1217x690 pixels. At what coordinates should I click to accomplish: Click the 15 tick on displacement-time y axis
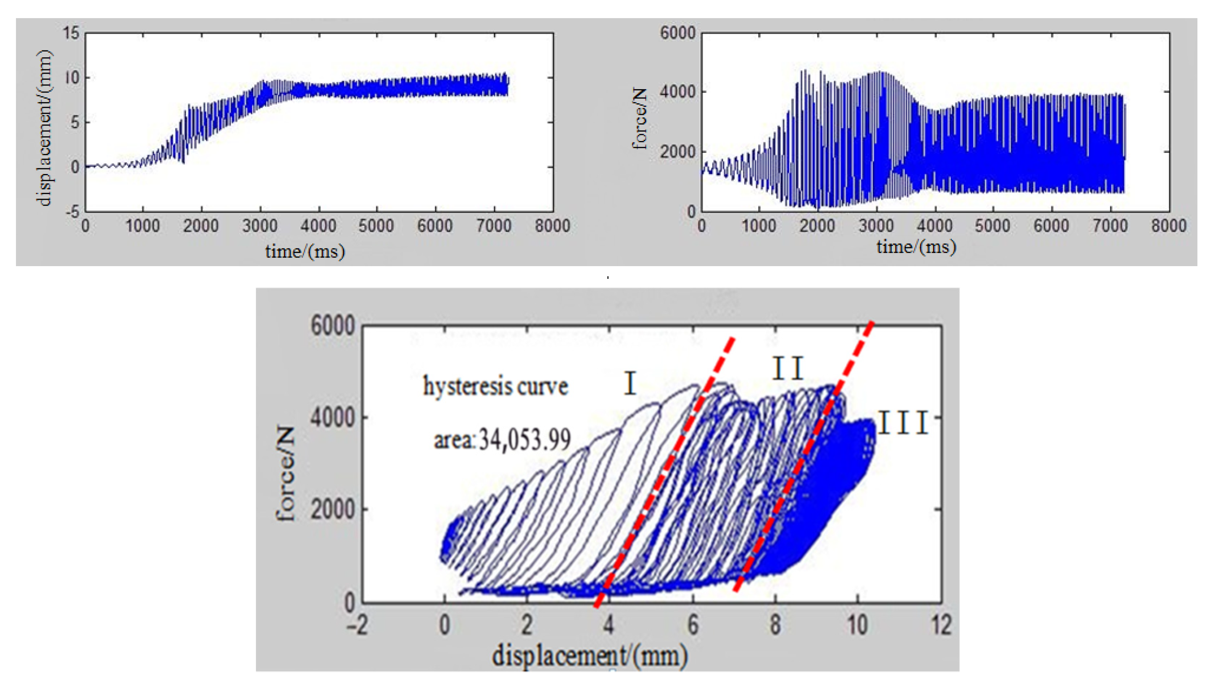(x=71, y=33)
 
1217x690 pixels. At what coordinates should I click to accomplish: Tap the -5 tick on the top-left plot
(x=72, y=211)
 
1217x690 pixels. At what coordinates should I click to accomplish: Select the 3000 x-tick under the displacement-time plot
(x=260, y=226)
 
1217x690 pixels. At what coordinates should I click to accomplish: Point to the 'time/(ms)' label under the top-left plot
(x=305, y=251)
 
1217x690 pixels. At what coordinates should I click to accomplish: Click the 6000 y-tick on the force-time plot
(x=678, y=33)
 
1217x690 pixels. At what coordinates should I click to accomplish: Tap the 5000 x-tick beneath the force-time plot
(x=993, y=226)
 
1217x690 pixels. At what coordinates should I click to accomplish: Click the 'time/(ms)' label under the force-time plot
(x=916, y=247)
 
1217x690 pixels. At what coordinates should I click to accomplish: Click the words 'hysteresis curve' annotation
(x=495, y=386)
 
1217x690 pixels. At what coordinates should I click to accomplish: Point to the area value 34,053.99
(x=524, y=440)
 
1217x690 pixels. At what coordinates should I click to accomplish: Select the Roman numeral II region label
(x=788, y=368)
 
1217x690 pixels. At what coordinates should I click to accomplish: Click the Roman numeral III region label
(x=903, y=423)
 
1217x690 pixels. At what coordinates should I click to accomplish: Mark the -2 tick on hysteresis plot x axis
(x=357, y=625)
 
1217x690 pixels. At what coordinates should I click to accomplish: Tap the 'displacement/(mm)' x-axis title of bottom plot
(x=590, y=656)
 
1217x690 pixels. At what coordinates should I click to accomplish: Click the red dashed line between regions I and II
(x=664, y=474)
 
